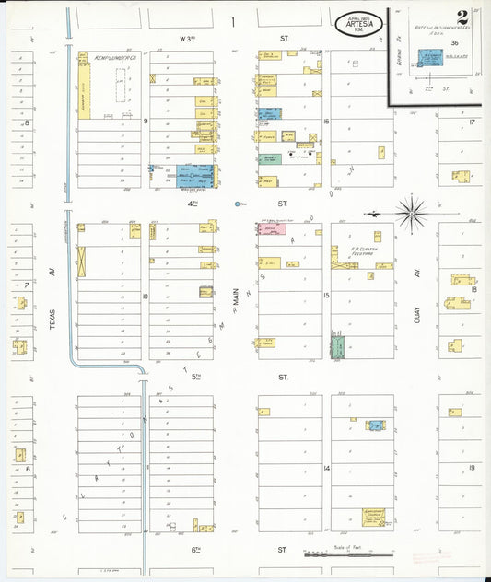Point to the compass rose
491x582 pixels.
pos(410,211)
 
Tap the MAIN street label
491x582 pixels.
pos(236,297)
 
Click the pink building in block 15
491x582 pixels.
pos(273,228)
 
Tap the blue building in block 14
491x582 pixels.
pos(375,425)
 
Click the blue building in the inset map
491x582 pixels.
pos(429,57)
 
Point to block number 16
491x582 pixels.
pos(326,121)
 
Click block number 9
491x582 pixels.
pos(146,121)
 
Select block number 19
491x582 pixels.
pos(472,468)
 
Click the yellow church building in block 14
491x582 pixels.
pos(373,517)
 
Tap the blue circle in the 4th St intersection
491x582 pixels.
pos(238,203)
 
